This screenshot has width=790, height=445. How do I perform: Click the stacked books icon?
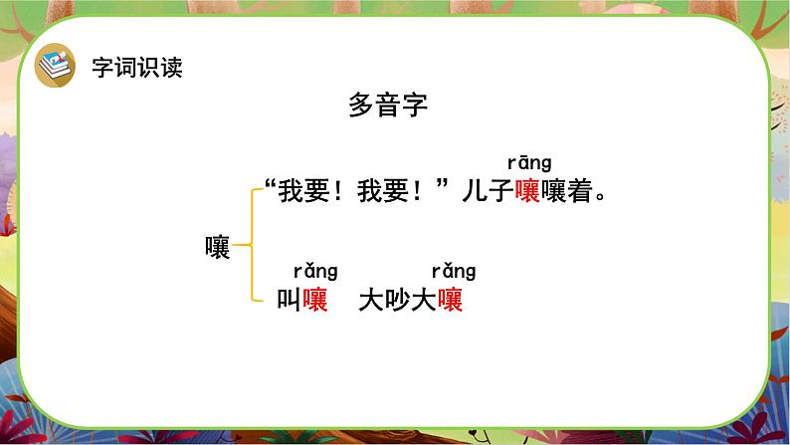point(55,67)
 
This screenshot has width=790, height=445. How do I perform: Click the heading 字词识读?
point(136,68)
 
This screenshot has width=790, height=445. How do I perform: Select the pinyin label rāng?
point(528,162)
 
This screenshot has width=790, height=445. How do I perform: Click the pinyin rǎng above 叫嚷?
point(315,271)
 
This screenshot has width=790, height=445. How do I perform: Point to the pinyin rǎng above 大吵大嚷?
point(453,271)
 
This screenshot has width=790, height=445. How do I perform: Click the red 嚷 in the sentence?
point(527,192)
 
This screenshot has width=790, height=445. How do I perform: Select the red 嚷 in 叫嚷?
point(316,300)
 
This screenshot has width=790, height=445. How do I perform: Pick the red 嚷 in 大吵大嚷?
point(451,300)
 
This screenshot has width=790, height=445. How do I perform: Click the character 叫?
point(290,300)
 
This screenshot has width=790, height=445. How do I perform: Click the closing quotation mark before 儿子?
point(445,186)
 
